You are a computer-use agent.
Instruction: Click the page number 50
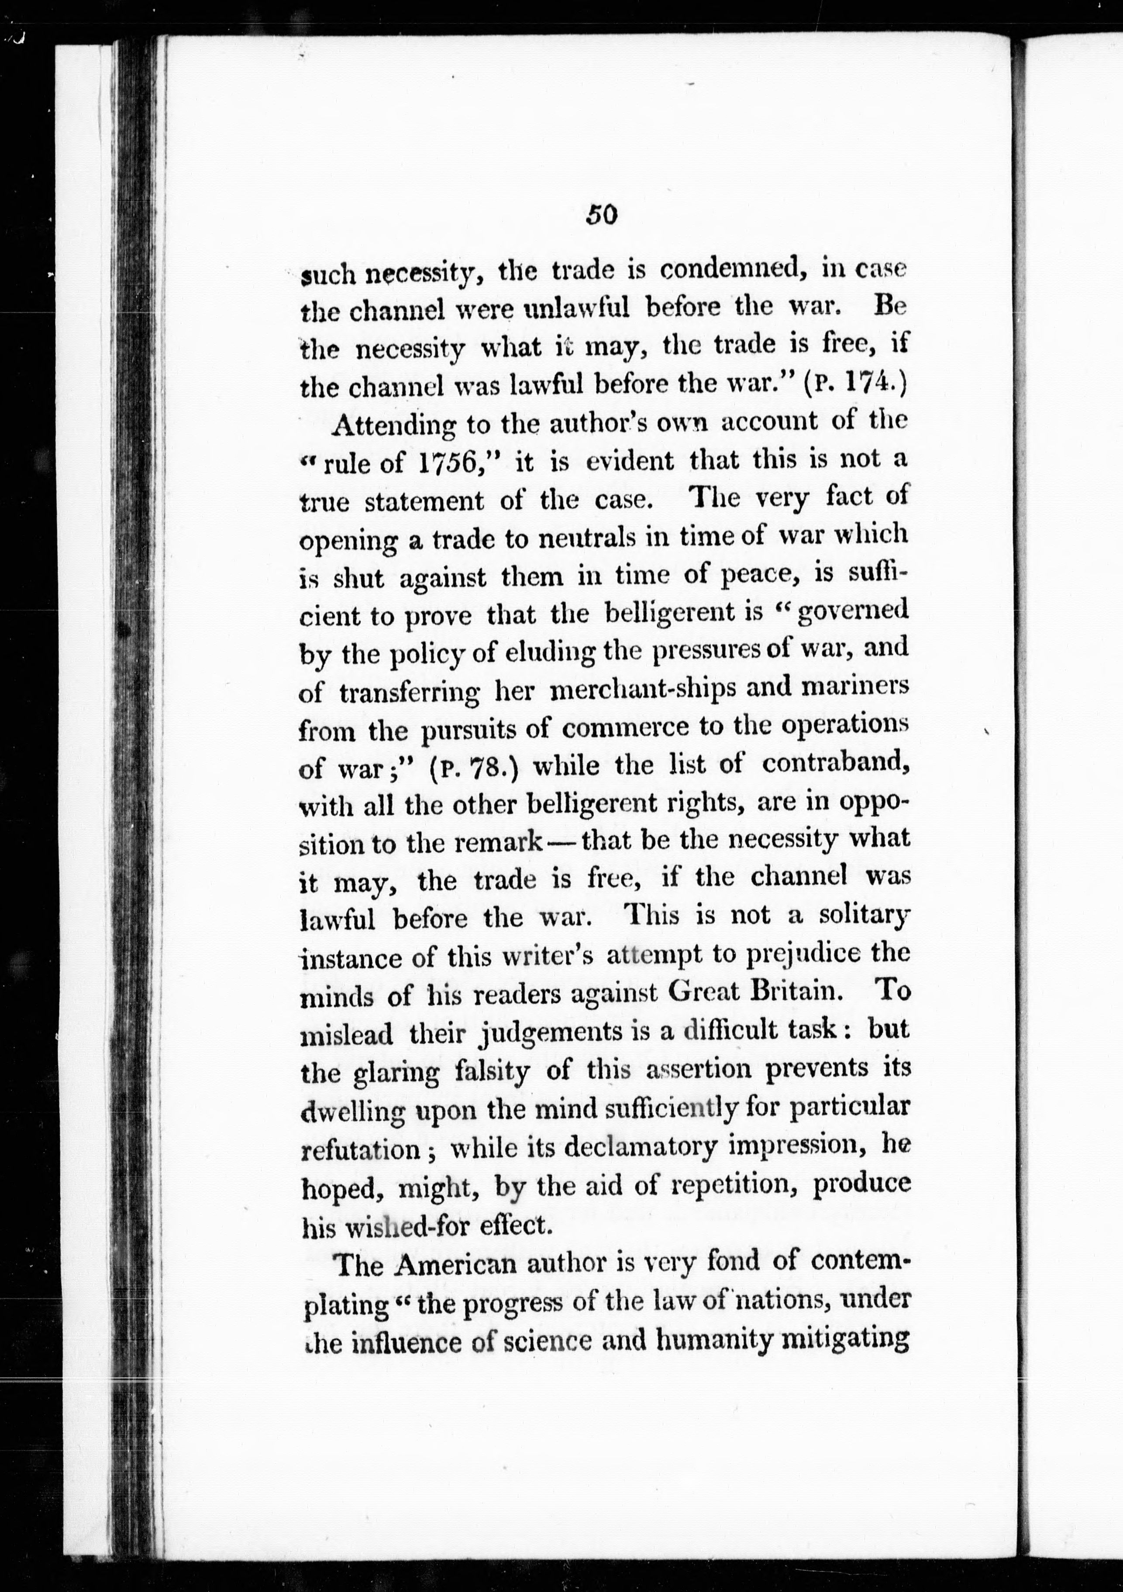(601, 215)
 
